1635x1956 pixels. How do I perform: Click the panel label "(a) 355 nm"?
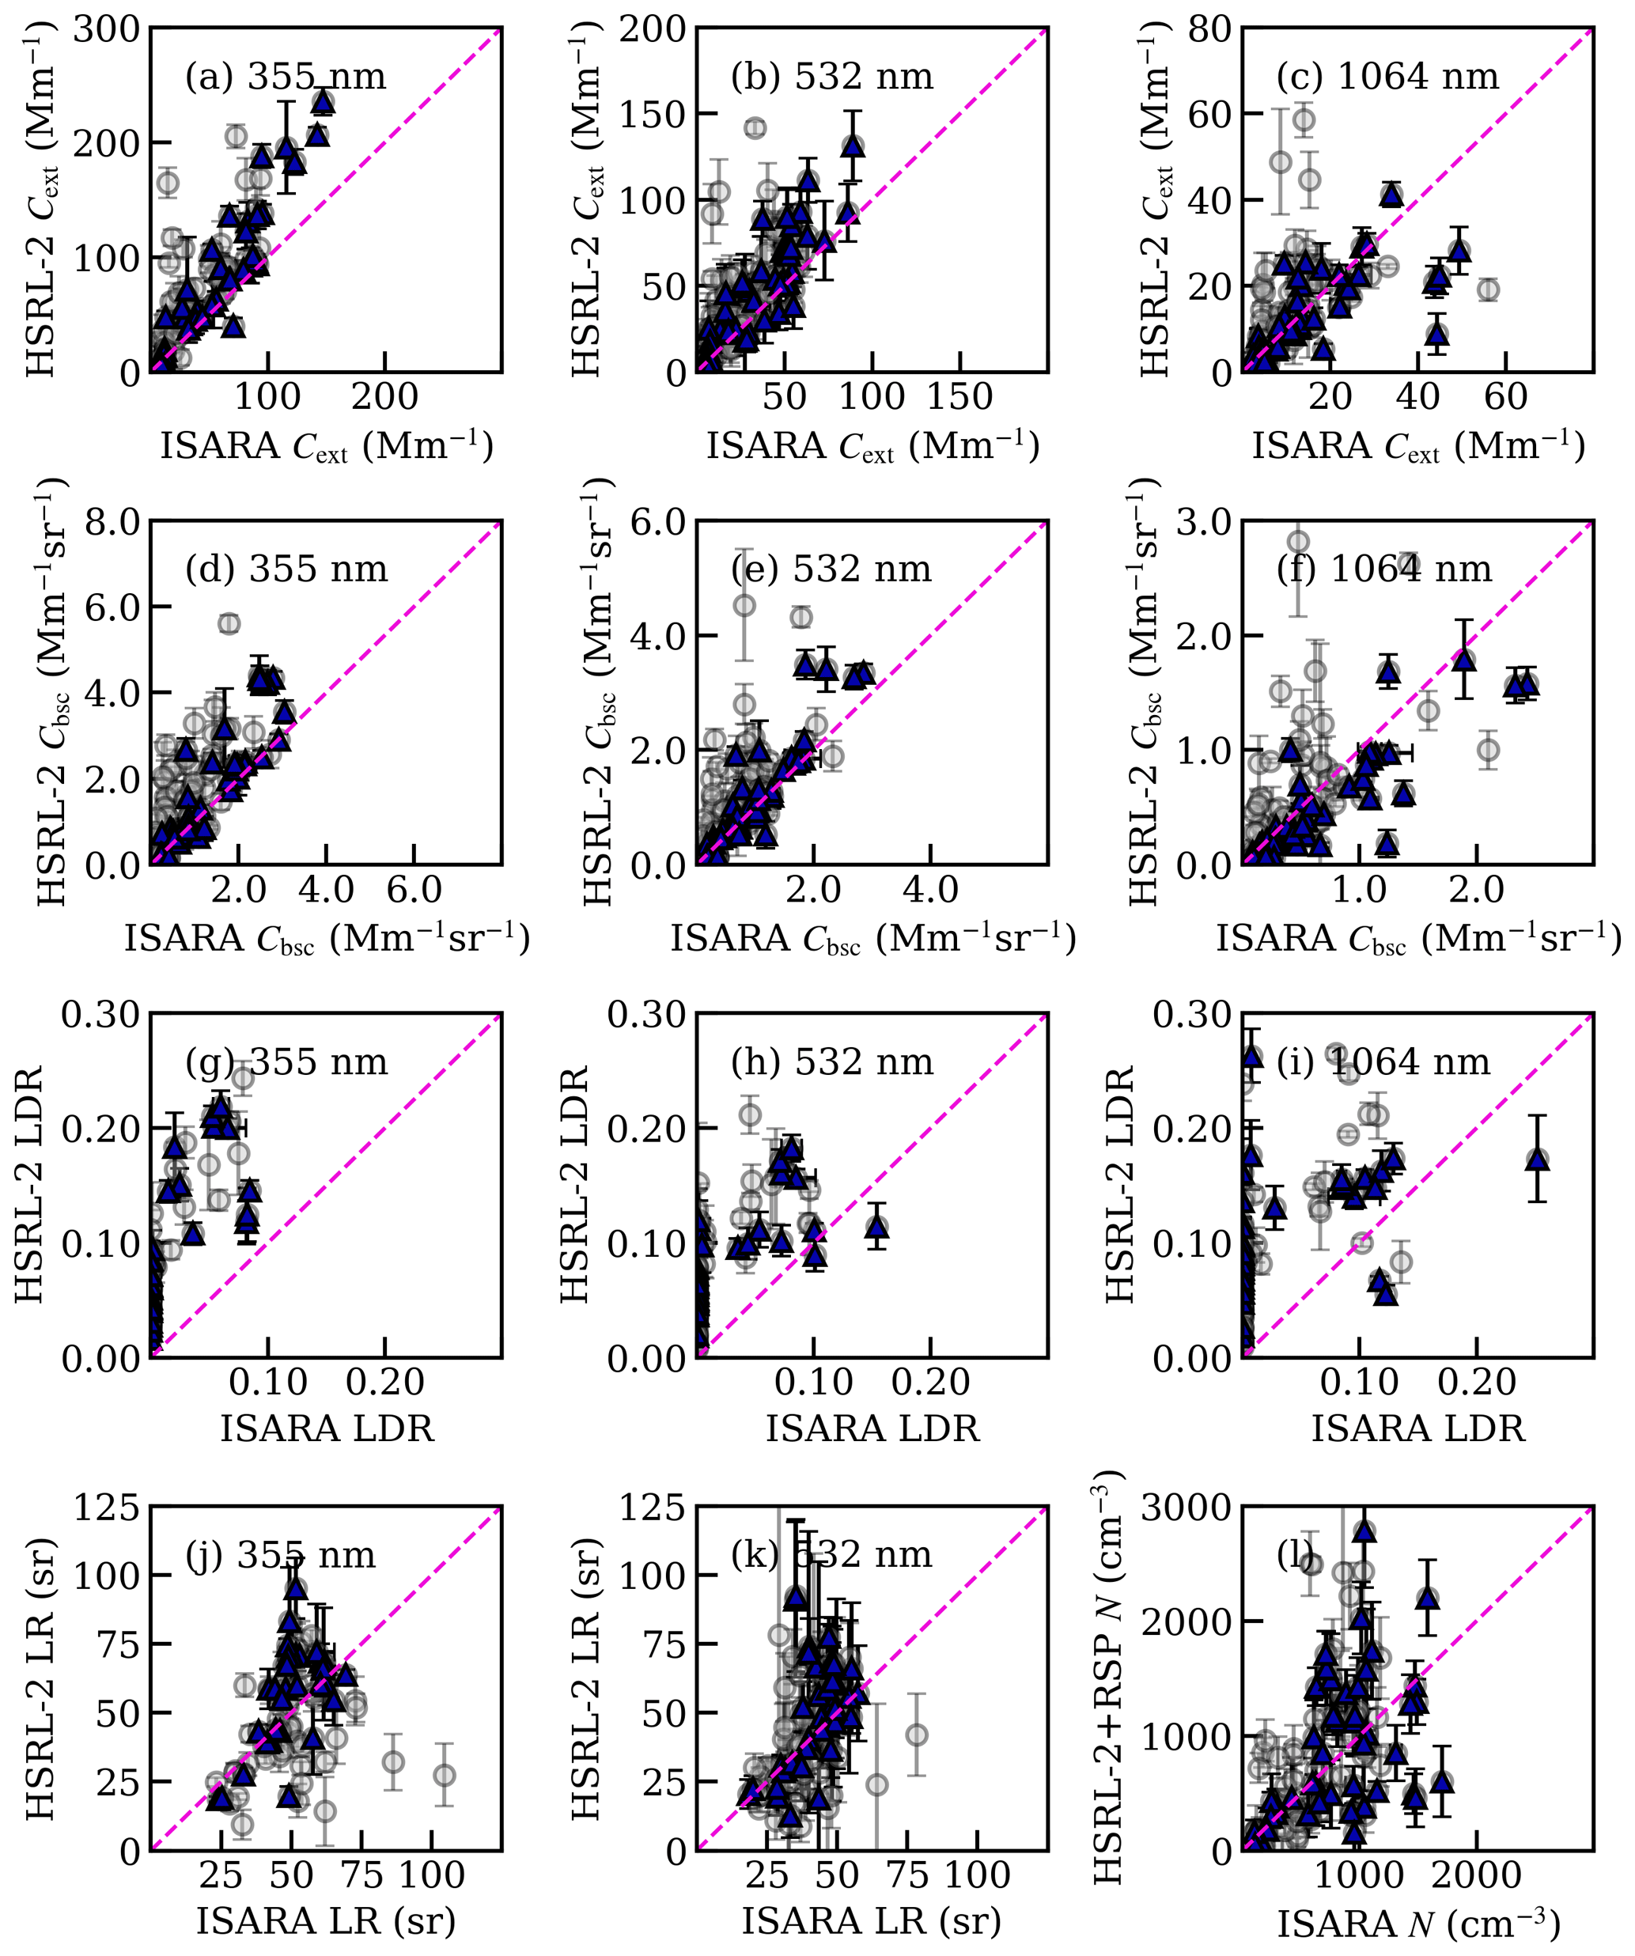pos(285,77)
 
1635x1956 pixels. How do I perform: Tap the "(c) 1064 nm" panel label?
pos(1387,77)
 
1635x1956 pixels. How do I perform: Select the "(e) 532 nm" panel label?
pos(831,569)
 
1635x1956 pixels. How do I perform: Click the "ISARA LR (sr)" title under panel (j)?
pos(325,1920)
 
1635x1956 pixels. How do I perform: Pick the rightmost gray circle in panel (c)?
pos(1489,289)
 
